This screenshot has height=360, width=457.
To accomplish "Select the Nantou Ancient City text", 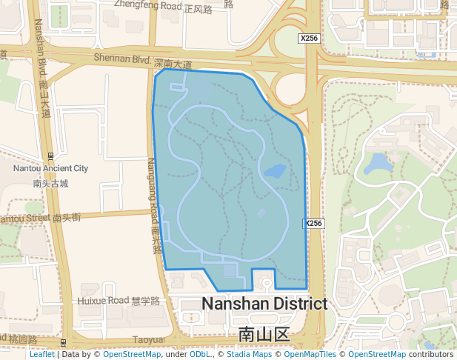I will pos(50,168).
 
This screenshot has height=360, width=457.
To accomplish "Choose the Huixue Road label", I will pos(119,301).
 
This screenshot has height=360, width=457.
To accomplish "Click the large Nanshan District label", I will pos(264,304).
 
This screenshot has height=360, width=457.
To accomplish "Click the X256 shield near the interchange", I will pos(310,38).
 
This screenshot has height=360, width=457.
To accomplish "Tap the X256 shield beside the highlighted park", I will pos(314,223).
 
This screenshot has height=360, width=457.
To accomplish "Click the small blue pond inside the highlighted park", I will pos(275,171).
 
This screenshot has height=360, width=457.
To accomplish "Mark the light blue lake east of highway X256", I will pos(379,163).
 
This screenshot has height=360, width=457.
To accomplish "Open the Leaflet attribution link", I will pos(42,354).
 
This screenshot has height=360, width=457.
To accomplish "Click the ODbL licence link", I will pos(201,354).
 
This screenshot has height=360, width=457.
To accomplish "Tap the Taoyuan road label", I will pos(149,339).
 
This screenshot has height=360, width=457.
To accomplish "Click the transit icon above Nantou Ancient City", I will pos(50,156).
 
